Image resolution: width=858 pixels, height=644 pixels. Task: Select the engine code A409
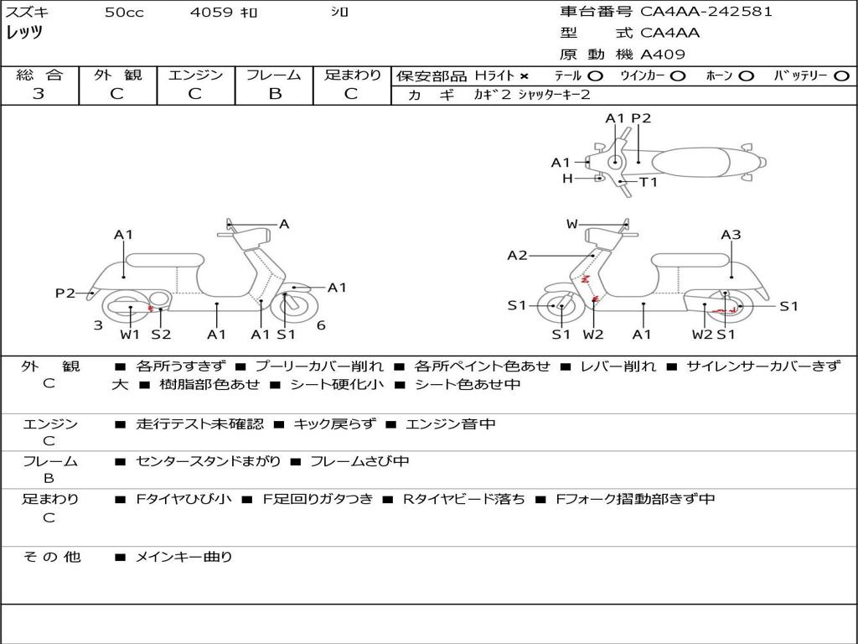pyautogui.click(x=663, y=55)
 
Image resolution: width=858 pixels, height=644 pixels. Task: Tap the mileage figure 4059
pyautogui.click(x=211, y=13)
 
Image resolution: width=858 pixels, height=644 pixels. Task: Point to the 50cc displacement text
pyautogui.click(x=124, y=13)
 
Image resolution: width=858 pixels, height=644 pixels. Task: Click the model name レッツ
pyautogui.click(x=24, y=33)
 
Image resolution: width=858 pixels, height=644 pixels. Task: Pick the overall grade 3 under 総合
pyautogui.click(x=39, y=94)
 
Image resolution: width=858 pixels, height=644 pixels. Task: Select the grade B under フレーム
pyautogui.click(x=275, y=94)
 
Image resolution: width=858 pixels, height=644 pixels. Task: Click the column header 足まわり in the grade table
pyautogui.click(x=352, y=75)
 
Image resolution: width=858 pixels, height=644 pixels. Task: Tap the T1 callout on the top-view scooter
pyautogui.click(x=649, y=182)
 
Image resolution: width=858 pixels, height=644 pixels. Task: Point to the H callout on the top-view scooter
pyautogui.click(x=567, y=178)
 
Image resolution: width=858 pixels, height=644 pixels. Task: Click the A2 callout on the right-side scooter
pyautogui.click(x=517, y=255)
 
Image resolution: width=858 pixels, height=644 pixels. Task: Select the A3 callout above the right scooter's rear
pyautogui.click(x=731, y=235)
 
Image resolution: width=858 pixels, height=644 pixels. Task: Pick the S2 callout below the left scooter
pyautogui.click(x=161, y=335)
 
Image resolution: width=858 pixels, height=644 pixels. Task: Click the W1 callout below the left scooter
pyautogui.click(x=130, y=335)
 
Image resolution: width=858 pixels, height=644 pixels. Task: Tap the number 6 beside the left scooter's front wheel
pyautogui.click(x=321, y=325)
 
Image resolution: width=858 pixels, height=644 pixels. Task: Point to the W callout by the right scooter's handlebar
pyautogui.click(x=572, y=224)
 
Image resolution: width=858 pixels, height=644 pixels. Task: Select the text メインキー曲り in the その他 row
pyautogui.click(x=184, y=556)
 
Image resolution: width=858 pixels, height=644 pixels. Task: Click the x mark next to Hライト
pyautogui.click(x=525, y=75)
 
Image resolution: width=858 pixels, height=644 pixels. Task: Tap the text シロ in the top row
pyautogui.click(x=340, y=13)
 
